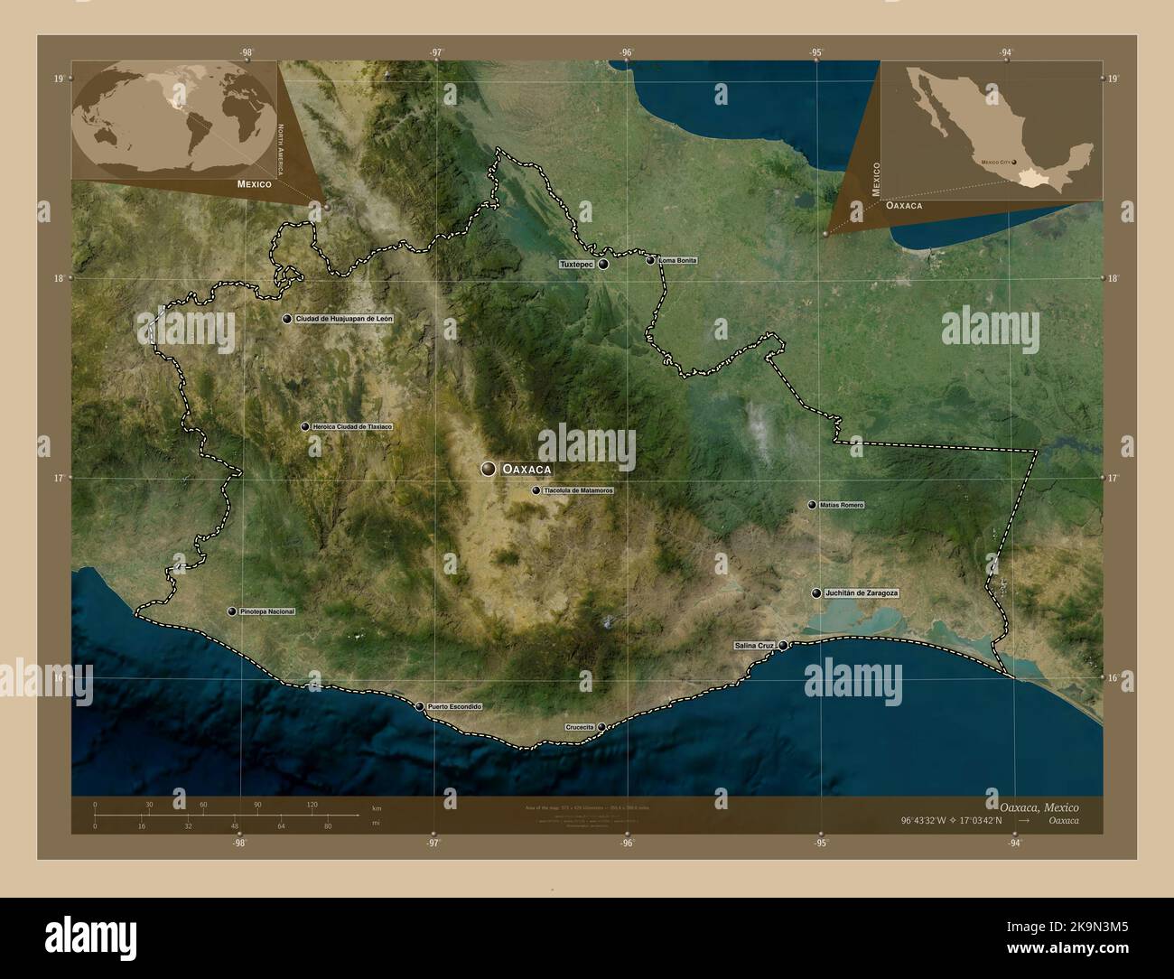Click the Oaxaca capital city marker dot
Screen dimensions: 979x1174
click(489, 469)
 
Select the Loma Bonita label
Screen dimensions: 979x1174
click(678, 260)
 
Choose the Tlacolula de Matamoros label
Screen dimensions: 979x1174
click(578, 490)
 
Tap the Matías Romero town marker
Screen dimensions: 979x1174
click(812, 505)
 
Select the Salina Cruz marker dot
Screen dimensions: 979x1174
click(783, 645)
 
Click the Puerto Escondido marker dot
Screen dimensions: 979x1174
click(419, 706)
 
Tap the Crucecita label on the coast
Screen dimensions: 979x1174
click(579, 726)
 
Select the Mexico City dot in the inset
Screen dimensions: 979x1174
click(1014, 163)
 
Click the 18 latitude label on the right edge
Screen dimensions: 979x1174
click(1114, 279)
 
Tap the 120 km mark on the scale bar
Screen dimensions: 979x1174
click(312, 804)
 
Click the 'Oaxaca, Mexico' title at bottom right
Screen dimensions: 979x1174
click(1039, 806)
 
